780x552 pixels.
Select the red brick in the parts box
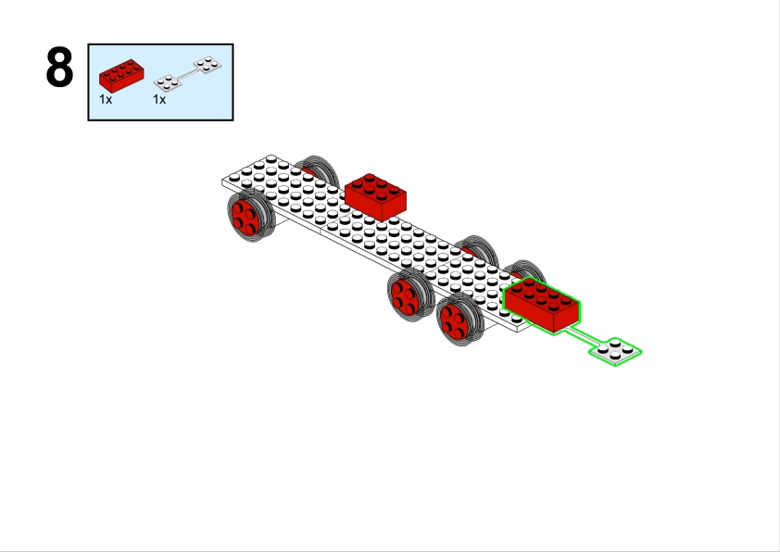pyautogui.click(x=121, y=76)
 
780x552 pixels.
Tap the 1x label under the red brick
pyautogui.click(x=106, y=99)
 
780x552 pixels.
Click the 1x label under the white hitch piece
pyautogui.click(x=159, y=99)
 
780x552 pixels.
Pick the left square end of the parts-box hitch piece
pyautogui.click(x=167, y=83)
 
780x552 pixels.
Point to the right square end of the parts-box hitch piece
pyautogui.click(x=208, y=65)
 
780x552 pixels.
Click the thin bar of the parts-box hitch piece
pyautogui.click(x=187, y=74)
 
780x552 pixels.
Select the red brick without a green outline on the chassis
pyautogui.click(x=375, y=197)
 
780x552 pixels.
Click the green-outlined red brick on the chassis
pyautogui.click(x=541, y=305)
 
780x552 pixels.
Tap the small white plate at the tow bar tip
pyautogui.click(x=615, y=351)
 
